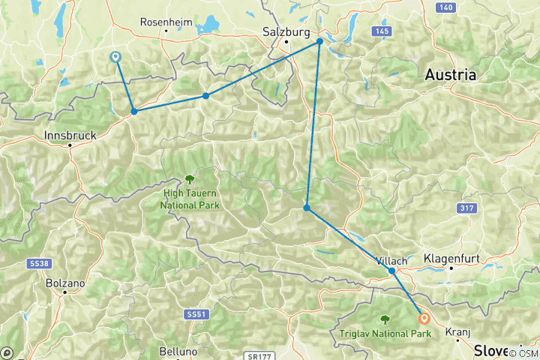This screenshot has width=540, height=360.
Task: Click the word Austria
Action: (450, 75)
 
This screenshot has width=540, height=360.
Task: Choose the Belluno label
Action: (178, 351)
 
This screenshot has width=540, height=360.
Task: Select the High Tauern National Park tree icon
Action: (188, 179)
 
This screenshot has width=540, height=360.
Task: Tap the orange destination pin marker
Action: (424, 318)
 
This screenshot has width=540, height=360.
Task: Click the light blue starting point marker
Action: (115, 57)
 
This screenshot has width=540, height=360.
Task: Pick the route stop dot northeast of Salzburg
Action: (319, 42)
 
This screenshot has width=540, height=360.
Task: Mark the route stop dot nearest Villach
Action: (392, 271)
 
